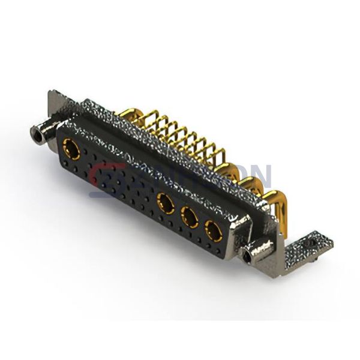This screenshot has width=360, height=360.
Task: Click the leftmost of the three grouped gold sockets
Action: [x=164, y=202]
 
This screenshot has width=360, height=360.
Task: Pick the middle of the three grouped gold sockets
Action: [x=190, y=217]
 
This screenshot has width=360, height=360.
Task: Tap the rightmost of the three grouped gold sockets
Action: [x=213, y=230]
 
